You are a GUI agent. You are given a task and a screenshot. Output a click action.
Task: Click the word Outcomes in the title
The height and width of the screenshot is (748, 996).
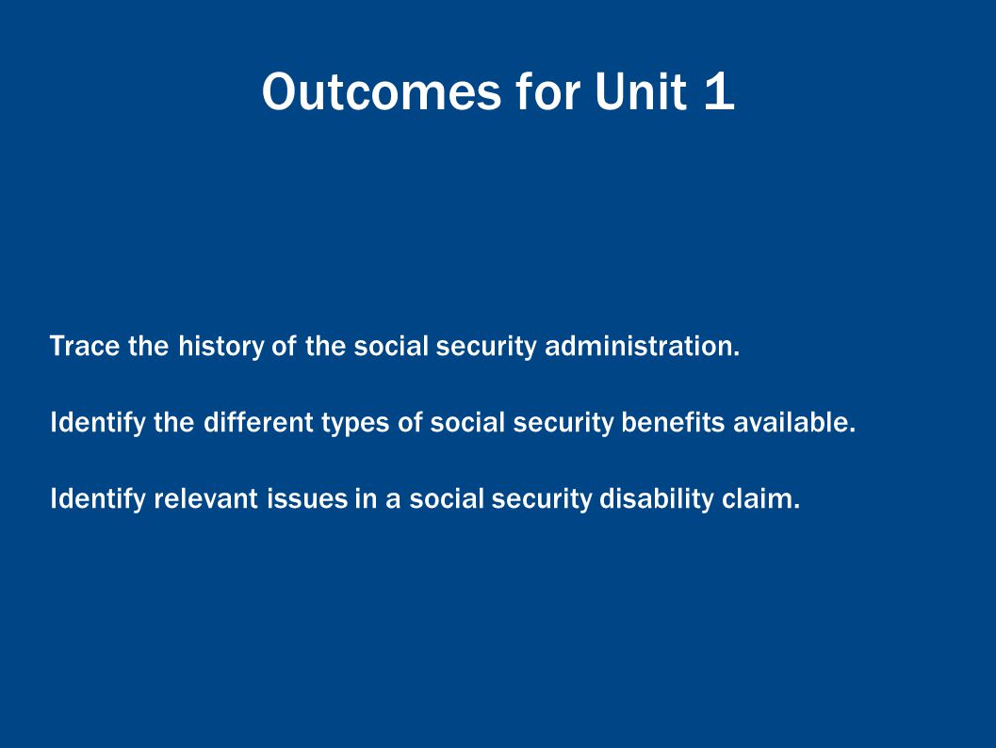point(382,92)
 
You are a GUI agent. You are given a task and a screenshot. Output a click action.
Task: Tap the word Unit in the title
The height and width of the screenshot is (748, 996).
point(641,92)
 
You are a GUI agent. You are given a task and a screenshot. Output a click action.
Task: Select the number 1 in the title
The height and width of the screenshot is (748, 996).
point(720,92)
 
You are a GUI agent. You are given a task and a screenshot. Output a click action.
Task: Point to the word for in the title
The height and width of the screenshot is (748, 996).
point(548,92)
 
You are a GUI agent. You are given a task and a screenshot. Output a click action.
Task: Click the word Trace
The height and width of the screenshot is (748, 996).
point(85,346)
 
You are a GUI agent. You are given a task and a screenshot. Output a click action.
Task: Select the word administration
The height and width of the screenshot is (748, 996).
point(643,346)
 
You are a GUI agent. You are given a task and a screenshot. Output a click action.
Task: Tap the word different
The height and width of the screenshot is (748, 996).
point(258,422)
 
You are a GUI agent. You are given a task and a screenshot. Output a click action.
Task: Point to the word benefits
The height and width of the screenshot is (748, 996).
point(673,422)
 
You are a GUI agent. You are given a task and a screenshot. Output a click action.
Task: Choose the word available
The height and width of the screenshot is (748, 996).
point(794,422)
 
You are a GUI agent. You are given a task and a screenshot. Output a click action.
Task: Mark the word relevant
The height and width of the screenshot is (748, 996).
point(205,498)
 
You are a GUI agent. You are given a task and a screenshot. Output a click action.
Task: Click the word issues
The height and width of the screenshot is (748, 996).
point(307,498)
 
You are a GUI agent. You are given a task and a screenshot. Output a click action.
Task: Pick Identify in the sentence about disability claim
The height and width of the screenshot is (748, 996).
point(98,499)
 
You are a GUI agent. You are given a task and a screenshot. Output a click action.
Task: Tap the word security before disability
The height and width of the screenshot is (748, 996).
point(542,499)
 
